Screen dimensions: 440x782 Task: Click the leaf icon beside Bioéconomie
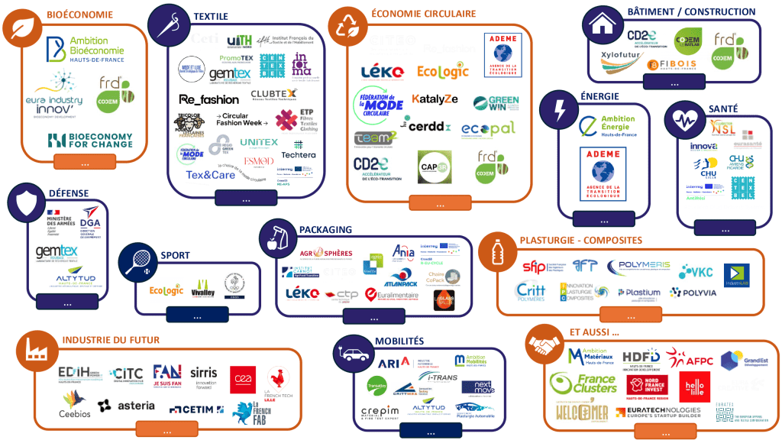pos(22,28)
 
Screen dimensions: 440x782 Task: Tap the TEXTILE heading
pos(211,16)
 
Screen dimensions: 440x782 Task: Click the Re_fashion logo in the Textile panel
pos(208,99)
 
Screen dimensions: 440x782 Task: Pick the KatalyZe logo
pos(435,99)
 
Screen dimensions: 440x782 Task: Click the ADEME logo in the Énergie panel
pos(603,174)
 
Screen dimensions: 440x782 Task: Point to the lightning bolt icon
pos(560,111)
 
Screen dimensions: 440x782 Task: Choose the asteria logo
pos(136,406)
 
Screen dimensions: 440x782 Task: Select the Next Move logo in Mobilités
pos(479,388)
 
